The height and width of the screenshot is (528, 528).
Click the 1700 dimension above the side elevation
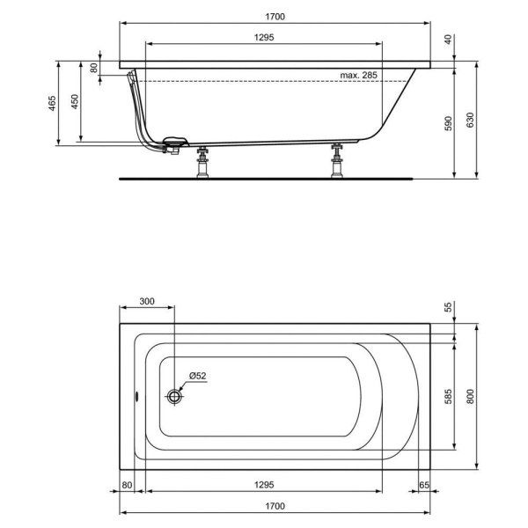coord(275,16)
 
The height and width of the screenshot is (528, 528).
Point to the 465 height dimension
coord(53,103)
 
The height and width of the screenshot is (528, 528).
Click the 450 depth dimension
coord(76,102)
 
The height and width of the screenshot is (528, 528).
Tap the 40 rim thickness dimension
coord(447,40)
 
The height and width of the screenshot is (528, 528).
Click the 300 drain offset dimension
coord(147,302)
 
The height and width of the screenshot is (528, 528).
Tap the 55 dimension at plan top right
coord(447,307)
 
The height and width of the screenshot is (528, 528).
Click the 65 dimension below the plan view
coord(423,485)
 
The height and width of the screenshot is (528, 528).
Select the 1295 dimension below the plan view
coord(267,485)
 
